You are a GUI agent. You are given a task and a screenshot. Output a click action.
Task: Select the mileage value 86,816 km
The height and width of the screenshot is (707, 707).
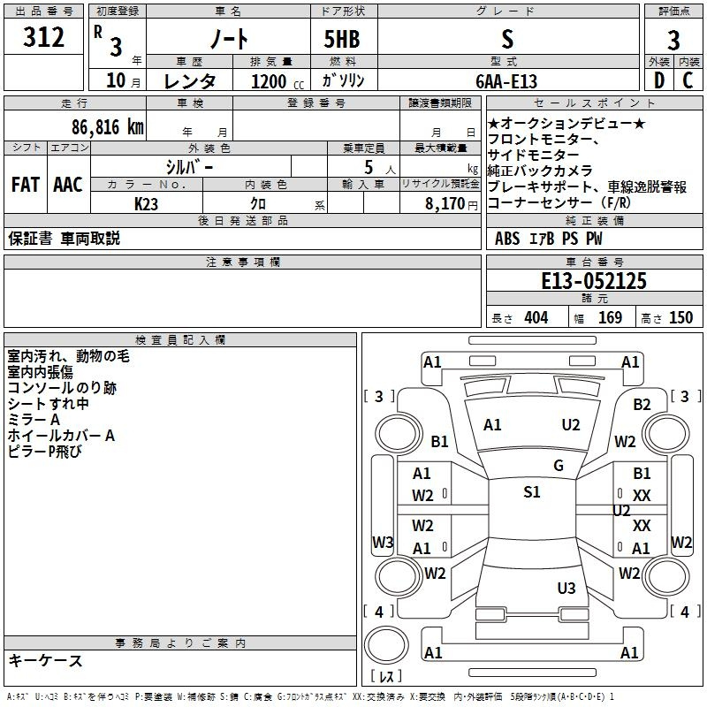[x=107, y=126]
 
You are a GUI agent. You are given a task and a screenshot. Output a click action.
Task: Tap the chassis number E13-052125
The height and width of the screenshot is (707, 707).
[x=593, y=281]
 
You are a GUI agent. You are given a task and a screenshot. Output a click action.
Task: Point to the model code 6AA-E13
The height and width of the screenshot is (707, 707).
[x=506, y=81]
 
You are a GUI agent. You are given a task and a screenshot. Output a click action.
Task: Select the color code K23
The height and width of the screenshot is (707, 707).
[x=147, y=203]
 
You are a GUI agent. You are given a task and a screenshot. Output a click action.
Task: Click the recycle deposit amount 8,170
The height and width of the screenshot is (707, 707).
[x=440, y=203]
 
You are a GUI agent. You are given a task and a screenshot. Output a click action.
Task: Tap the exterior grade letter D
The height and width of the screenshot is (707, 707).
[x=658, y=81]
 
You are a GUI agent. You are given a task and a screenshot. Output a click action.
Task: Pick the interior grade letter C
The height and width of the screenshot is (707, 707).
[x=688, y=81]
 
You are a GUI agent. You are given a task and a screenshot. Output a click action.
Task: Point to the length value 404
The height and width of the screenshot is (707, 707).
[x=536, y=317]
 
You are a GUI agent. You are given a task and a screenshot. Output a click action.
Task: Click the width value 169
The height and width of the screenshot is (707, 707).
[x=610, y=317]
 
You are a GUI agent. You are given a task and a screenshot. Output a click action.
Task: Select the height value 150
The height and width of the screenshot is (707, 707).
[x=680, y=317]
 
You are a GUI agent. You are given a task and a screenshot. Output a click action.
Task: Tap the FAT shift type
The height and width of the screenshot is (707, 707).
[x=25, y=185]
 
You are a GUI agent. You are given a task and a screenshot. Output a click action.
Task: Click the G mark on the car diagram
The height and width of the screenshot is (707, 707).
[x=559, y=466]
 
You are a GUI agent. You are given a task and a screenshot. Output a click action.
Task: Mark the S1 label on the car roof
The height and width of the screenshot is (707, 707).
[x=531, y=492]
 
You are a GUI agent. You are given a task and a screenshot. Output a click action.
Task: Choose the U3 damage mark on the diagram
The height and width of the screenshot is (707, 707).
[x=566, y=588]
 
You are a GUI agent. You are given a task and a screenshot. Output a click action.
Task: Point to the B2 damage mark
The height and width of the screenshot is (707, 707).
[x=642, y=405]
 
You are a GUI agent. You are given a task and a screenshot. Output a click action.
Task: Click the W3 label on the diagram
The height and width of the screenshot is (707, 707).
[x=383, y=542]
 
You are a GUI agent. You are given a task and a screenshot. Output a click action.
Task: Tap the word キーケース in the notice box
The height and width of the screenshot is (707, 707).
[x=45, y=661]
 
